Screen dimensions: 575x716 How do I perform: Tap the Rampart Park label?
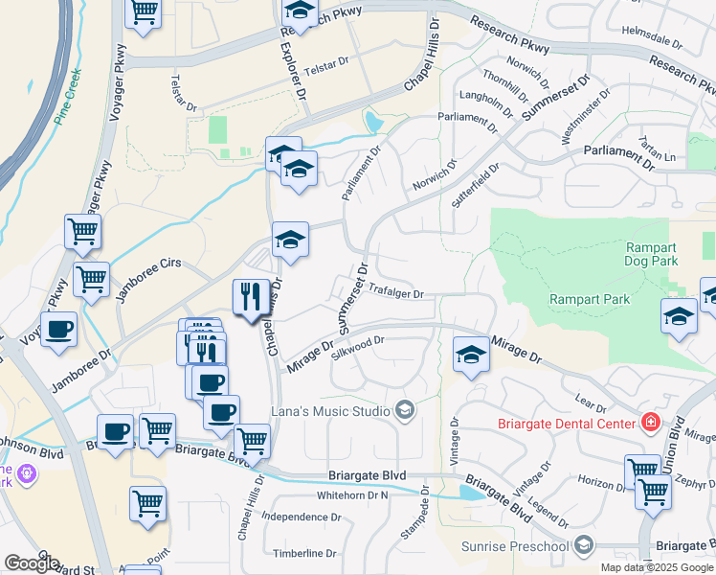[590, 299]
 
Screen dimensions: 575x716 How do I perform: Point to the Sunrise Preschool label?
[516, 546]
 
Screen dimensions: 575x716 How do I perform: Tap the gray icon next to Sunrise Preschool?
[583, 546]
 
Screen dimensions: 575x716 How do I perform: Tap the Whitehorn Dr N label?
[352, 495]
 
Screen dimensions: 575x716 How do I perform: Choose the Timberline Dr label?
[304, 553]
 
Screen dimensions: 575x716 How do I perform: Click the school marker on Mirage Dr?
[470, 356]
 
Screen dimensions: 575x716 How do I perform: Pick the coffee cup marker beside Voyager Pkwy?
[58, 329]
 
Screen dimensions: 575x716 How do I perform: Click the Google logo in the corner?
[31, 563]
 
